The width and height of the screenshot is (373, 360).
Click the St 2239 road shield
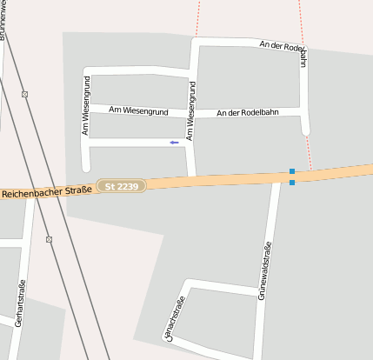point(121,187)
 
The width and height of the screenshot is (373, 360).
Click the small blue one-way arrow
point(175,142)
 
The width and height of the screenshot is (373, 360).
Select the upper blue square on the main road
point(292,171)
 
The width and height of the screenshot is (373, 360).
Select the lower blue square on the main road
point(292,183)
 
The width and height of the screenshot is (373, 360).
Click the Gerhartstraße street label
point(20,302)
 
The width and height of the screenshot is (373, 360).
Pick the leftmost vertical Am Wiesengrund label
point(86,105)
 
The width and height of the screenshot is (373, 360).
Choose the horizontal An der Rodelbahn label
point(248,112)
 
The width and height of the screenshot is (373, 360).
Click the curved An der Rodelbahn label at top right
point(287,50)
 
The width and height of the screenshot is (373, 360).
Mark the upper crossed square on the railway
point(24,94)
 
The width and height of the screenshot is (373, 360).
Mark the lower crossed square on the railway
point(49,239)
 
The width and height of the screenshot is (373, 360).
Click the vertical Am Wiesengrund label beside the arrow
point(191,110)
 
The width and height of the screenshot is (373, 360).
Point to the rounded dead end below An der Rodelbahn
point(305,131)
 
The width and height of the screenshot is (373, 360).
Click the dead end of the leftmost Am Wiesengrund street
point(85,167)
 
